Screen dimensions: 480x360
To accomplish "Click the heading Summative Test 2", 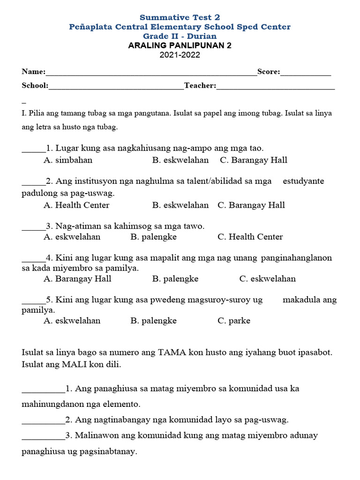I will [x=180, y=17].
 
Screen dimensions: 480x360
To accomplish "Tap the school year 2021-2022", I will [x=180, y=55].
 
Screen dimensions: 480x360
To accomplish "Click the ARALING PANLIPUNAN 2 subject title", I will [x=180, y=45].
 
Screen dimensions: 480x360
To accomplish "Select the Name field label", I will [x=33, y=72].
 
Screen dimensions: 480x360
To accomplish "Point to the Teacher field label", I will [x=200, y=85].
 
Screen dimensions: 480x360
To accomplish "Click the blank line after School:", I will [x=116, y=86].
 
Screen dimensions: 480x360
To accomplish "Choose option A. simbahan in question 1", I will [x=68, y=160].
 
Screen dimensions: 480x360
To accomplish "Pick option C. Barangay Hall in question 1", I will [x=253, y=160].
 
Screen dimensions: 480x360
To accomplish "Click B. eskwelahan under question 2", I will [x=180, y=205].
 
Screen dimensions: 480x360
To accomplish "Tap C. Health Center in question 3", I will [x=250, y=237].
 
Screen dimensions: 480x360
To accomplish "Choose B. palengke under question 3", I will [x=154, y=237].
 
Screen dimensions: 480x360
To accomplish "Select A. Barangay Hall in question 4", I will [x=77, y=278].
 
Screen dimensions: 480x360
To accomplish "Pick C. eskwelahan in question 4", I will [x=268, y=278].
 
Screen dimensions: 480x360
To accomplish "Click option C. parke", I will [x=234, y=321].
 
